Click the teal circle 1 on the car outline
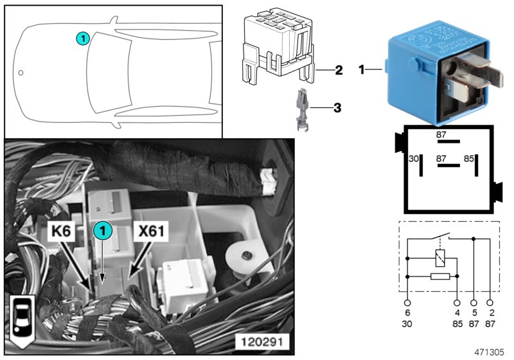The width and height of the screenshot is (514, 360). point(82,39)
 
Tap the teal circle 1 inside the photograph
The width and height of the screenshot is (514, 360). point(102,230)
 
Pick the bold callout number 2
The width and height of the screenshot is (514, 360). point(339,70)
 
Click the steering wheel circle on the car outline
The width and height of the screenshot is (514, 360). point(21,73)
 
